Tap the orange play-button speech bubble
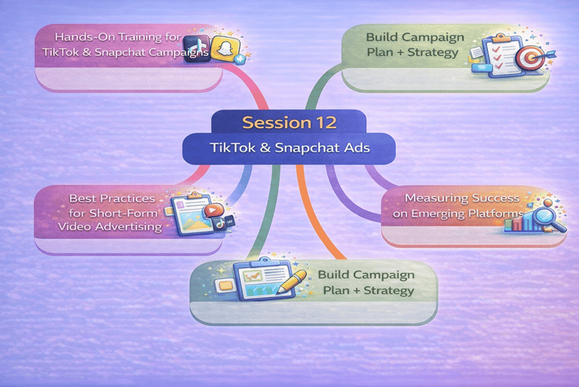click(213, 211)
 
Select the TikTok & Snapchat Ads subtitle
click(289, 148)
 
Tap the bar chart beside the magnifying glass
click(516, 221)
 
